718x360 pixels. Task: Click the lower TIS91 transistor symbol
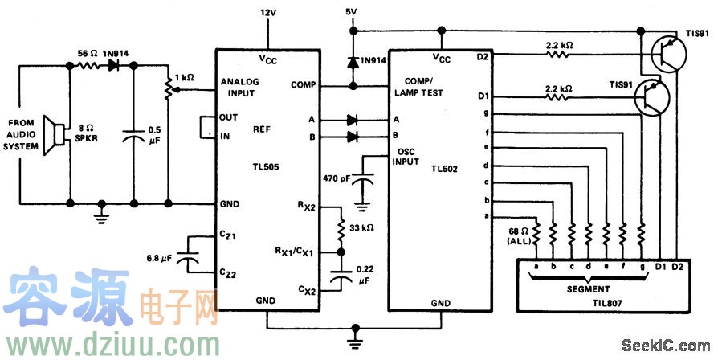(652, 99)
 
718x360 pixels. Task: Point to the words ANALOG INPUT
(239, 87)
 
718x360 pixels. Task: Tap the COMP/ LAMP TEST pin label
(425, 87)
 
